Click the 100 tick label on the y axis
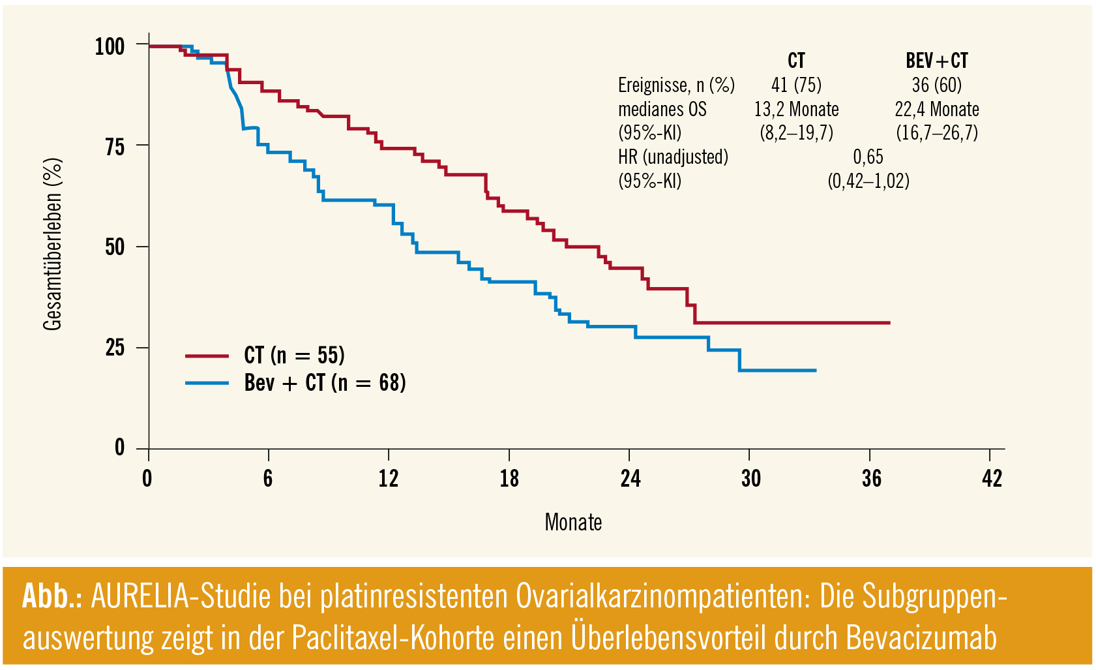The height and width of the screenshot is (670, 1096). [x=110, y=47]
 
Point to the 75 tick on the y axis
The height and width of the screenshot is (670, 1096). [x=115, y=147]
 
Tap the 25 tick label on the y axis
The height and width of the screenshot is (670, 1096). [x=115, y=348]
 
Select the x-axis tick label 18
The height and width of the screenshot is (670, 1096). [x=509, y=479]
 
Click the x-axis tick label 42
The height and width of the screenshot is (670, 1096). [x=991, y=479]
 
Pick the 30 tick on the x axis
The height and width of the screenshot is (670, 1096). [x=750, y=479]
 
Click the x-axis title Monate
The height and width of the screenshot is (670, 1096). [x=573, y=523]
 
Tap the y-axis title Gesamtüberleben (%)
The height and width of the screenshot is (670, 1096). [x=53, y=245]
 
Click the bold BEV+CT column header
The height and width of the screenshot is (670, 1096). [x=936, y=61]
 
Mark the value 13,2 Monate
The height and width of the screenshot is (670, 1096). [x=796, y=109]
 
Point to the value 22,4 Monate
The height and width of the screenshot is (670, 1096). [x=936, y=109]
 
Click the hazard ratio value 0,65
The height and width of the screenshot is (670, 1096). [x=868, y=157]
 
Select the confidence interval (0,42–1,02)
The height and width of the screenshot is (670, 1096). [x=868, y=181]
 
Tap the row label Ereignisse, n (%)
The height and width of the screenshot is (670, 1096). [x=676, y=85]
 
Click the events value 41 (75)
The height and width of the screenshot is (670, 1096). [x=796, y=85]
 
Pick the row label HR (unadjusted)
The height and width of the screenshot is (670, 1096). [x=673, y=157]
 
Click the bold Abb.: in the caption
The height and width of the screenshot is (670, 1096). [x=52, y=596]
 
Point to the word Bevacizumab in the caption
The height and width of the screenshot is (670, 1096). [x=921, y=637]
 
